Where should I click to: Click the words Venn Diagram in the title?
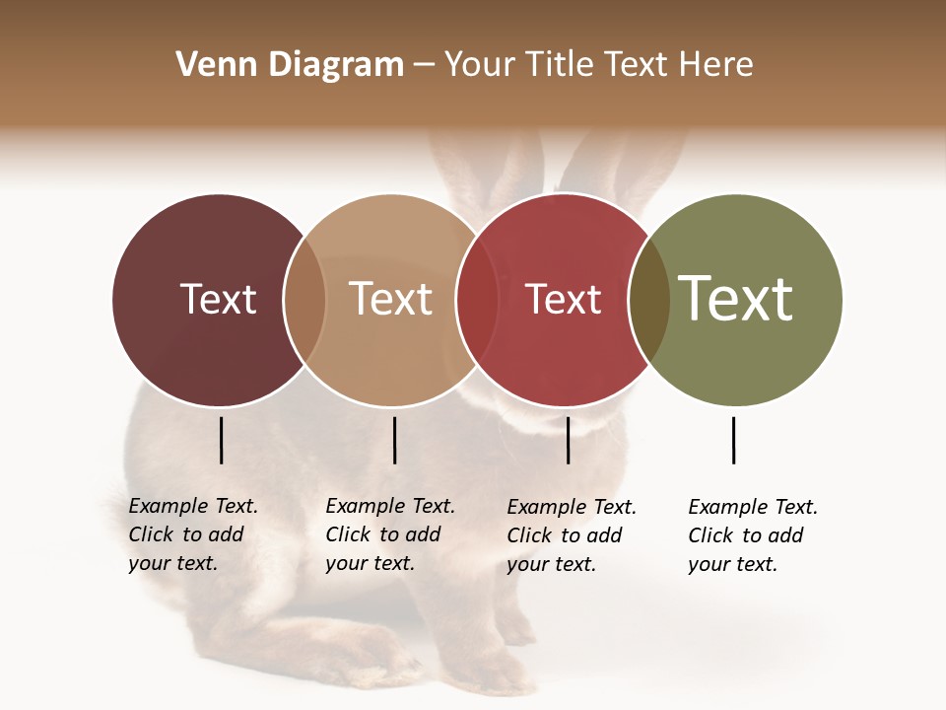(x=290, y=65)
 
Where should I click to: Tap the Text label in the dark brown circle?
(x=218, y=299)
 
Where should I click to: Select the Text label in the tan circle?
(x=390, y=299)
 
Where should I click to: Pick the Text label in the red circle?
(x=563, y=299)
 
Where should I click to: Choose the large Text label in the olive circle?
(x=736, y=298)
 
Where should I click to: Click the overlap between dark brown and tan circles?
(x=304, y=300)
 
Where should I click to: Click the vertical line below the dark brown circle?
(x=221, y=440)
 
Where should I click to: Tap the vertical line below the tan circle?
(x=394, y=440)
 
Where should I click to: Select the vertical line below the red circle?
(x=568, y=440)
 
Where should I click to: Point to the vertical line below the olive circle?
(x=733, y=440)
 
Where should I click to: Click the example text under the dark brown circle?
(x=192, y=534)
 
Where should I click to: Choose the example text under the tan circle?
(x=389, y=534)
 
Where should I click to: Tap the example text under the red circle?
(x=571, y=535)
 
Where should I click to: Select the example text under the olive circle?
(x=752, y=535)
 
